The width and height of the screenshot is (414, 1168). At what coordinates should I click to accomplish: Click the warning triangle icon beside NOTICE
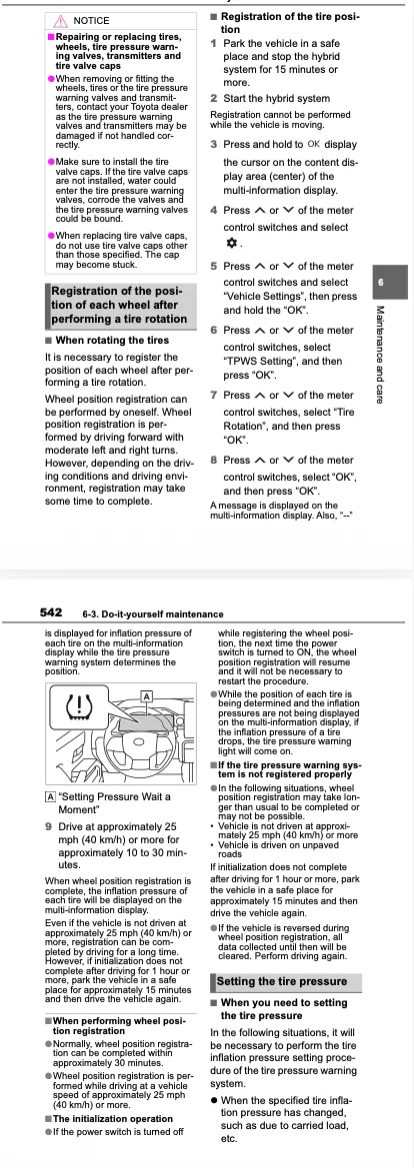click(60, 20)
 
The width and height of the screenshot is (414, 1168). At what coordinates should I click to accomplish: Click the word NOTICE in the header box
click(91, 21)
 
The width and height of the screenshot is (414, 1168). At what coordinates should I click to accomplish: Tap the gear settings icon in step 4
click(230, 244)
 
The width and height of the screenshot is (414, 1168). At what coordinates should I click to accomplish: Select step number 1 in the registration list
click(213, 44)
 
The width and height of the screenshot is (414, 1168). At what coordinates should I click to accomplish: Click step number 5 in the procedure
click(213, 266)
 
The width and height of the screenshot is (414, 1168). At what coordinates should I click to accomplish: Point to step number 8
click(213, 461)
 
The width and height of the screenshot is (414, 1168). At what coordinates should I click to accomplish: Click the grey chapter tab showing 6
click(380, 283)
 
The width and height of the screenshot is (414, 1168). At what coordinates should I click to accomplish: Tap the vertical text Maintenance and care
click(380, 355)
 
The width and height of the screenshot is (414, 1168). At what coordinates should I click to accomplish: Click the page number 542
click(51, 613)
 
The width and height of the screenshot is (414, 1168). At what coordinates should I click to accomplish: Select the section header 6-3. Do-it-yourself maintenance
click(153, 613)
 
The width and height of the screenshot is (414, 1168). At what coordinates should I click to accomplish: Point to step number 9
click(48, 827)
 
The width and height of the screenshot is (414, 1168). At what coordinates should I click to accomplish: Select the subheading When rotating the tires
click(110, 341)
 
